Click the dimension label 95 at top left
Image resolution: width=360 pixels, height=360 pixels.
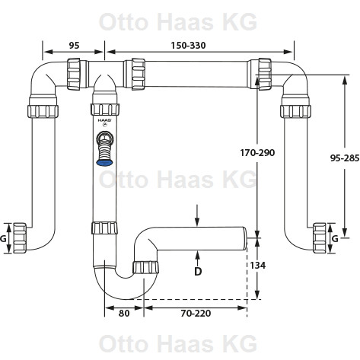(74, 46)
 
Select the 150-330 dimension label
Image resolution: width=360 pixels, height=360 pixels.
(188, 46)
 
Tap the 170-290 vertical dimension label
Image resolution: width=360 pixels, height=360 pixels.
(257, 153)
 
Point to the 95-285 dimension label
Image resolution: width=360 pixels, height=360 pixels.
(345, 158)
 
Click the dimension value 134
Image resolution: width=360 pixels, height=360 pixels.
(258, 266)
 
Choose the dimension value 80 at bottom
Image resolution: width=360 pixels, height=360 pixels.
(124, 314)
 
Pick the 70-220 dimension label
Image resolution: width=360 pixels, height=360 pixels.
(196, 314)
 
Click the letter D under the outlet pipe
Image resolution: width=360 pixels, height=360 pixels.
(198, 272)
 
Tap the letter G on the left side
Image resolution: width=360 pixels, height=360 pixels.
(3, 238)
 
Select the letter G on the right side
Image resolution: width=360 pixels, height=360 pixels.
(335, 238)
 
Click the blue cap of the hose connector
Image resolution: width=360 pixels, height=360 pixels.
(104, 163)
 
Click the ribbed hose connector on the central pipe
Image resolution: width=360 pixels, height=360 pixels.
(104, 148)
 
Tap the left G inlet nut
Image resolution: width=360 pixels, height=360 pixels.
(20, 238)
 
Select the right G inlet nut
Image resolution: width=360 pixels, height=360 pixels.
(320, 238)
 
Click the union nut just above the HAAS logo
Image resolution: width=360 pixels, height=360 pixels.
(105, 110)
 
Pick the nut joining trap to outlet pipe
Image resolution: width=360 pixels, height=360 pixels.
(145, 267)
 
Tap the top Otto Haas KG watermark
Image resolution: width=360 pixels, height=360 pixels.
(178, 22)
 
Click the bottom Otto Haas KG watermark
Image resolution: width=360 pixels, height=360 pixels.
(178, 343)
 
